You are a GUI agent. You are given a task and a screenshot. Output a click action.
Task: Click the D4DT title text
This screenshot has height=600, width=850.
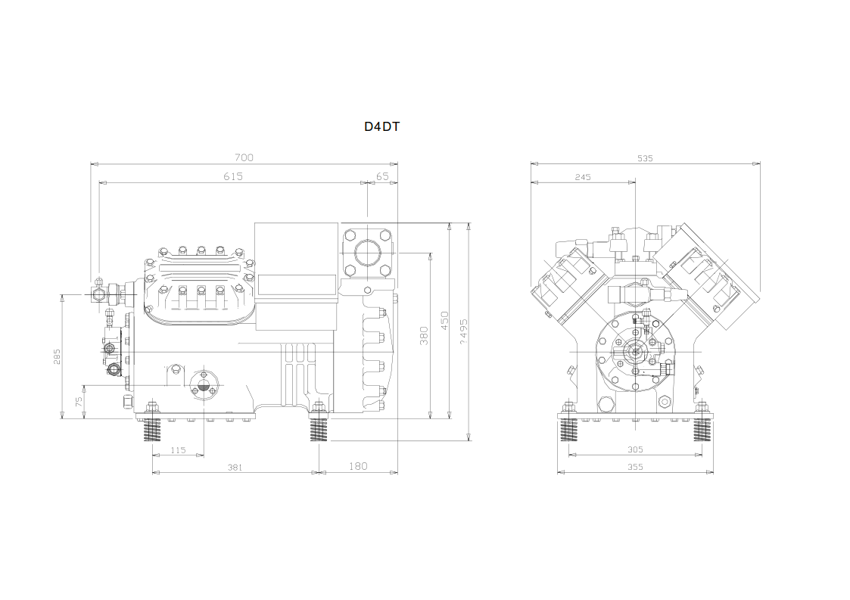click(381, 127)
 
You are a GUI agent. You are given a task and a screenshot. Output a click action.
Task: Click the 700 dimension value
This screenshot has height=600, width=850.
click(244, 157)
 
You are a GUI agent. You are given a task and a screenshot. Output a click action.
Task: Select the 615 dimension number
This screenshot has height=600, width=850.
click(233, 177)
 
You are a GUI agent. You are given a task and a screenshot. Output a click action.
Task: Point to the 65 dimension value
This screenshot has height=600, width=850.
click(382, 177)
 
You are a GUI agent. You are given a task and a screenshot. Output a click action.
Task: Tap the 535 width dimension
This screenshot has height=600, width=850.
click(645, 158)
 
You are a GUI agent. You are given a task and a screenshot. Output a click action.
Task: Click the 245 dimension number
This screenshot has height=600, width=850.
click(583, 177)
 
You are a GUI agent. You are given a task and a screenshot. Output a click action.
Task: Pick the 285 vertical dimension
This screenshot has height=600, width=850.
click(57, 356)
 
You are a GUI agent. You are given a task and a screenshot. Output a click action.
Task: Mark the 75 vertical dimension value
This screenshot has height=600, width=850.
click(79, 402)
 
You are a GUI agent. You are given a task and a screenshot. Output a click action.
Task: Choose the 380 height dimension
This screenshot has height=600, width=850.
click(424, 335)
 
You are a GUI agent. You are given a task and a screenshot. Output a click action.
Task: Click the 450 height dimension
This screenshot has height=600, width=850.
click(444, 320)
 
